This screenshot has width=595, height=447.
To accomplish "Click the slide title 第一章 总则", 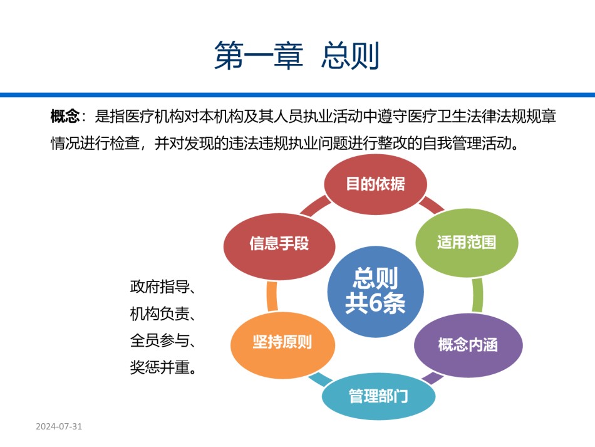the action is point(297,55).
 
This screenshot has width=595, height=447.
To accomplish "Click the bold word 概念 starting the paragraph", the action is point(65,116).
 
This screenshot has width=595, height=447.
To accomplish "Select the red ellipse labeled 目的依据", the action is point(375,184).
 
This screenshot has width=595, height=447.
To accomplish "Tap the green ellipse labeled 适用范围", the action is point(467,243).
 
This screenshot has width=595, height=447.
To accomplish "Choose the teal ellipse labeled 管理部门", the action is point(378,396).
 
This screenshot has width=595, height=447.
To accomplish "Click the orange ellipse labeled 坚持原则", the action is point(282,342).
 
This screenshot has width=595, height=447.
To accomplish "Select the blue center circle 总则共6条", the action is point(375,292).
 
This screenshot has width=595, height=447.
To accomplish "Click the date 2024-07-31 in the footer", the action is point(59,426).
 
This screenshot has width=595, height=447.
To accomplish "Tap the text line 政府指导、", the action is point(163,287).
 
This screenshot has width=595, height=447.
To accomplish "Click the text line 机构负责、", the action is point(163,313).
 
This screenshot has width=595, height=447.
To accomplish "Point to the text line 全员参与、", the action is point(163,340).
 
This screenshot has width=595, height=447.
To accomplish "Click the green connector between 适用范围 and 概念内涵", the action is point(477,295).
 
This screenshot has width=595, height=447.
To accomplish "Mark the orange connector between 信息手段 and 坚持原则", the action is point(272,297).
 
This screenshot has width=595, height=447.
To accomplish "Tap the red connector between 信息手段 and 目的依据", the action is point(316,206).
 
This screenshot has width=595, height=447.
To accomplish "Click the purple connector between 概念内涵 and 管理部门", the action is point(433,378).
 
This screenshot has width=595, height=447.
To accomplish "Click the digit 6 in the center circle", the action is point(375,303).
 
